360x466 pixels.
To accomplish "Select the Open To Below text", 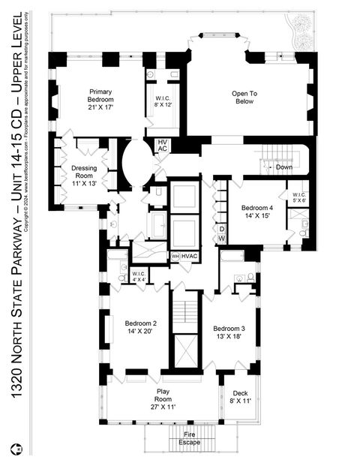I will tap(244, 98).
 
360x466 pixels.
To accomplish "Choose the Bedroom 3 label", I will tap(229, 333).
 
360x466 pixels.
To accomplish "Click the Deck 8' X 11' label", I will tap(239, 397).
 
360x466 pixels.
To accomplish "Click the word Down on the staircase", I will tap(283, 167).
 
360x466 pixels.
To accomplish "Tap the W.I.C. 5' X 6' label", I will tap(298, 197).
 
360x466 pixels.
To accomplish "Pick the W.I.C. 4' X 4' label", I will tap(139, 277).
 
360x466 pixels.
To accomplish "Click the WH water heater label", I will tap(175, 257).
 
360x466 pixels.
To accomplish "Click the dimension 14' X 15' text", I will tap(258, 216).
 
